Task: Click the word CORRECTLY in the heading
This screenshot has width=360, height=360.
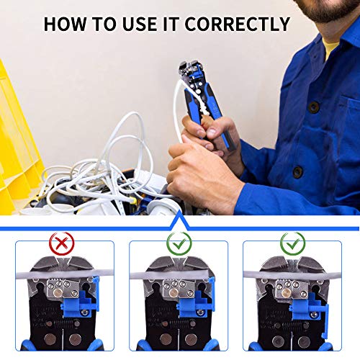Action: tap(238, 24)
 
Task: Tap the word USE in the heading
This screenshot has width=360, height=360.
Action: tap(139, 24)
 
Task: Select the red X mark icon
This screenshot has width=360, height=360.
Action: tap(62, 243)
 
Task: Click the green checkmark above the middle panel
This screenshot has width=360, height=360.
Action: tap(179, 243)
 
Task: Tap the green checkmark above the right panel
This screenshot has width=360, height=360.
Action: tap(293, 243)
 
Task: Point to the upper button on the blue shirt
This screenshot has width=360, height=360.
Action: tap(314, 107)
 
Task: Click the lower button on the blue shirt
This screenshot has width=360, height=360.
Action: tap(298, 172)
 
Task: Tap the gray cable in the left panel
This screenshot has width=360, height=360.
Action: tap(65, 274)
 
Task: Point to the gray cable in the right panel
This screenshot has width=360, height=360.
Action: tap(292, 274)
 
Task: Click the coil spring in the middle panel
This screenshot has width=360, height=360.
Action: tap(179, 324)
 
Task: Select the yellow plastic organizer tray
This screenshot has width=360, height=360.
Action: tap(19, 144)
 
